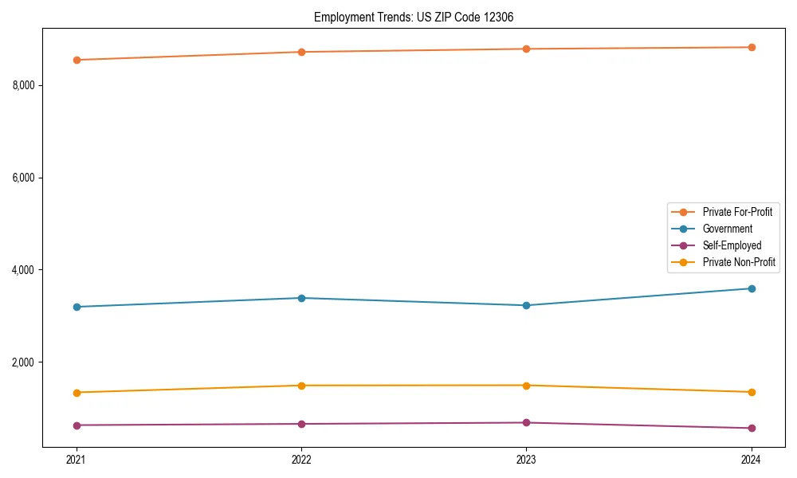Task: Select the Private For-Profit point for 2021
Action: pos(77,60)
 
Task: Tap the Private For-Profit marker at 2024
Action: pos(751,47)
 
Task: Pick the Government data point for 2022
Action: pos(301,298)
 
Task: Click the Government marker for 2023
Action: pos(526,305)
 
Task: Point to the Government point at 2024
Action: pos(751,288)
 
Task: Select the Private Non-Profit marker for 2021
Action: pos(77,393)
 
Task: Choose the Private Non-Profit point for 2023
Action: pos(526,386)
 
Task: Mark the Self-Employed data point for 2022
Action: pos(301,424)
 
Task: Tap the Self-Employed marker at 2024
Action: pos(751,428)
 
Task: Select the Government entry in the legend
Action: pos(727,229)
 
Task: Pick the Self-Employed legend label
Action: pos(732,245)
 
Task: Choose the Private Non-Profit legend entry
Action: pos(739,262)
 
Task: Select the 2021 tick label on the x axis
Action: pos(77,460)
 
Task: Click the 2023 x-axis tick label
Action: pos(526,460)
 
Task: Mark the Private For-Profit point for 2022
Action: pos(301,52)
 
